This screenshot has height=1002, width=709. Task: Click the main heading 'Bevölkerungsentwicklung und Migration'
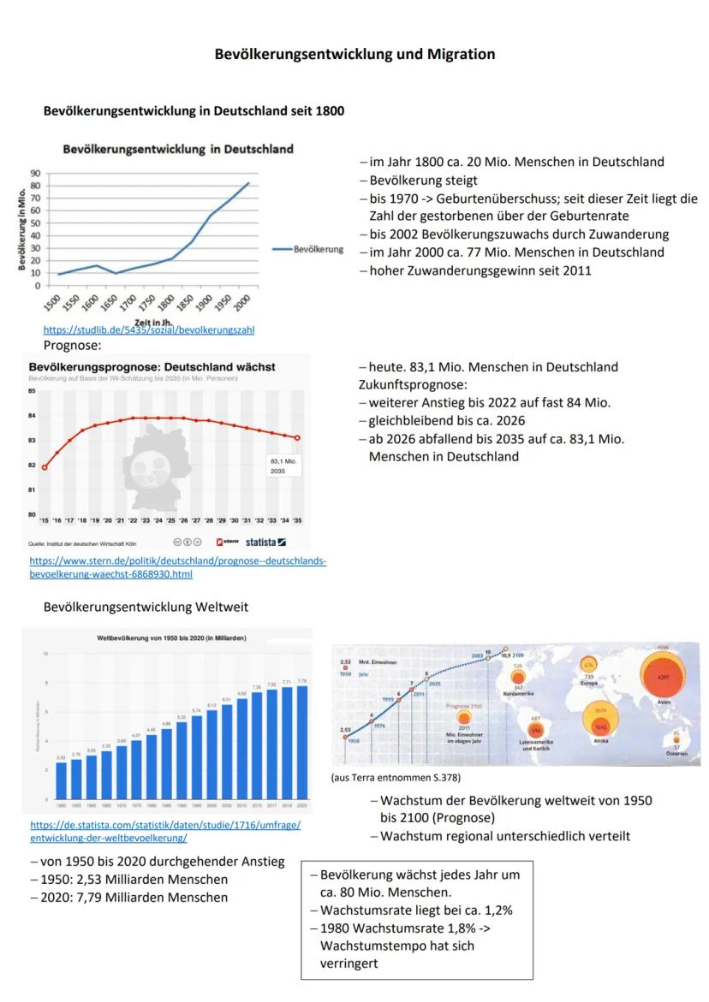coord(354,54)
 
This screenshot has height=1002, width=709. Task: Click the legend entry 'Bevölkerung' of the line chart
coord(318,250)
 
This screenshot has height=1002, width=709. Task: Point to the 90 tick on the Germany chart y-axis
coord(35,172)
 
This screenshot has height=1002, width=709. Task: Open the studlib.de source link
coord(148,329)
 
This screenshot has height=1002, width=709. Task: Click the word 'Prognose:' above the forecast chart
coord(72,346)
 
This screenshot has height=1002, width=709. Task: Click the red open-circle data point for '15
coord(45,467)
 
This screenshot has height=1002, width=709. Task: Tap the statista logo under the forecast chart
coord(265,543)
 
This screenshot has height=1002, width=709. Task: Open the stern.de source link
coord(177,567)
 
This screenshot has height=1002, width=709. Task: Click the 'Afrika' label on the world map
coord(600,741)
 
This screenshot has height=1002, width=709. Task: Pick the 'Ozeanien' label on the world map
coord(676,754)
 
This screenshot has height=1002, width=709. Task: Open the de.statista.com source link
coord(164,831)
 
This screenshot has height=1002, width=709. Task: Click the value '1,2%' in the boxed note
coord(495,910)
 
